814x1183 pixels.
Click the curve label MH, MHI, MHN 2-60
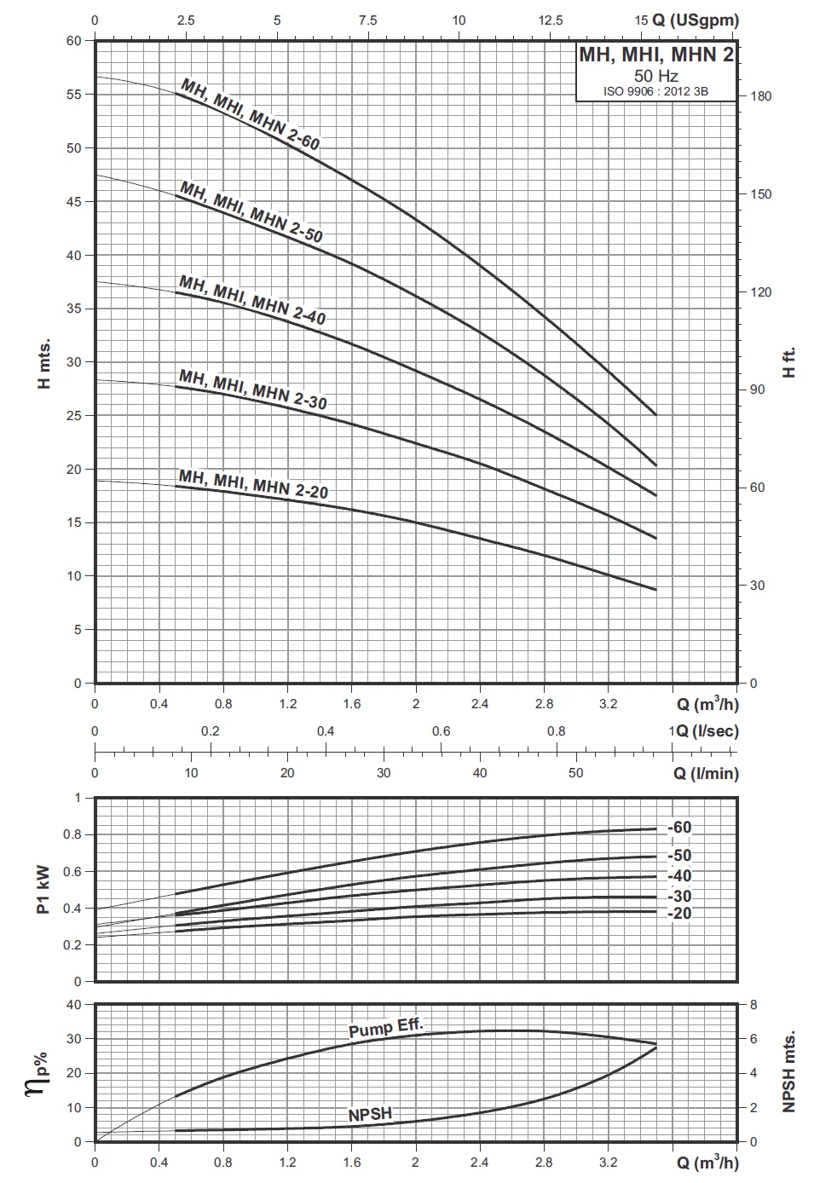coord(250,113)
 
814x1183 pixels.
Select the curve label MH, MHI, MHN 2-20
coord(253,482)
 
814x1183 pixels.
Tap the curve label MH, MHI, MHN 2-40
coord(252,298)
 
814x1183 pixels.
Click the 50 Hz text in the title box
coord(655,76)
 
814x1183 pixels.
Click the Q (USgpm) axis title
coord(696,20)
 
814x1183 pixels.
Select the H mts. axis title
coord(44,362)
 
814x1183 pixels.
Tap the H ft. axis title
coord(788,362)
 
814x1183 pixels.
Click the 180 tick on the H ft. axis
coord(761,96)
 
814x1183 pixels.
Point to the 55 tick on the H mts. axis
coord(74,95)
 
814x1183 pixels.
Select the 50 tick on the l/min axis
coord(576,773)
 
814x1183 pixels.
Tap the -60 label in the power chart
coord(679,828)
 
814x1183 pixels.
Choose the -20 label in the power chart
coord(679,913)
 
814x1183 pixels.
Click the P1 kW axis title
coord(44,890)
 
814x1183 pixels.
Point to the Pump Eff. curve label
coord(385,1027)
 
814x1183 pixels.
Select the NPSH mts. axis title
coord(788,1071)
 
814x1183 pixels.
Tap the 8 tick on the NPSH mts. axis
coord(753,1005)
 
